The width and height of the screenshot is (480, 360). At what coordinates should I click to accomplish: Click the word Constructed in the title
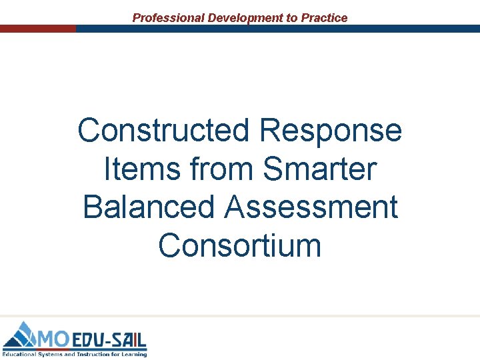[x=164, y=130]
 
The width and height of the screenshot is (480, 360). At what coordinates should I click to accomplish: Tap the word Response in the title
[x=331, y=130]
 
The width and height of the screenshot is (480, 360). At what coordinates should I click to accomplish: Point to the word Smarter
[x=320, y=169]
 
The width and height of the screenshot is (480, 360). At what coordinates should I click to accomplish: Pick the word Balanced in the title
[x=149, y=207]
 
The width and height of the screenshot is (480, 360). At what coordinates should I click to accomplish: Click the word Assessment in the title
[x=312, y=207]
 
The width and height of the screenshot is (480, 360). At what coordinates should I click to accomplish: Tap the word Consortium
[x=240, y=245]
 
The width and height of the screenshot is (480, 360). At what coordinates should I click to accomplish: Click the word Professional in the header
[x=169, y=18]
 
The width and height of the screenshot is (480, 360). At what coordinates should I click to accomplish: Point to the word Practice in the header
[x=325, y=18]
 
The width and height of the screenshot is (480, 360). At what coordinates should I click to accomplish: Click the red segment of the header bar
[x=38, y=29]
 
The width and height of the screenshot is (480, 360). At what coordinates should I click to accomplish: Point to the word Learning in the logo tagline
[x=133, y=354]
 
